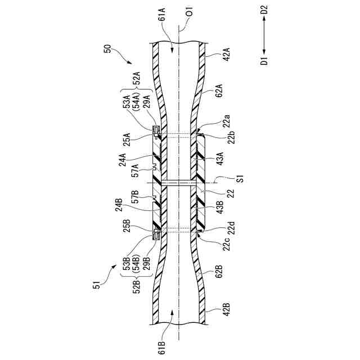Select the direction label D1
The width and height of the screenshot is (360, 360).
pos(264,61)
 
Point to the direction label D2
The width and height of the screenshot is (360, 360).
pos(264,11)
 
